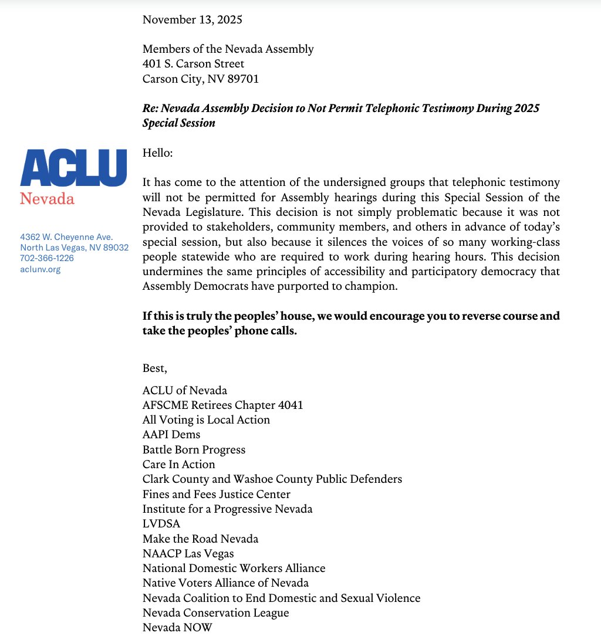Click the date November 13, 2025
192,19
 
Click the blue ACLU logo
73,168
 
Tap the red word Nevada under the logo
47,199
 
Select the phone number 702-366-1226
47,258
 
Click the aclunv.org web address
40,269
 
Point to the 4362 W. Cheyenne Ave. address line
66,237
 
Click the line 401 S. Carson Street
193,64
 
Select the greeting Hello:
158,153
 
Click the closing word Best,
155,368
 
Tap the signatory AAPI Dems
171,435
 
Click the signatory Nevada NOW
177,628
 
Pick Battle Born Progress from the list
194,450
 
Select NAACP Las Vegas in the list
188,553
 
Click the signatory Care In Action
178,465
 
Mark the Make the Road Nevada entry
200,539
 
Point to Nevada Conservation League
215,613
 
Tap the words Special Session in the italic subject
179,123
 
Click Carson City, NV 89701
200,79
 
